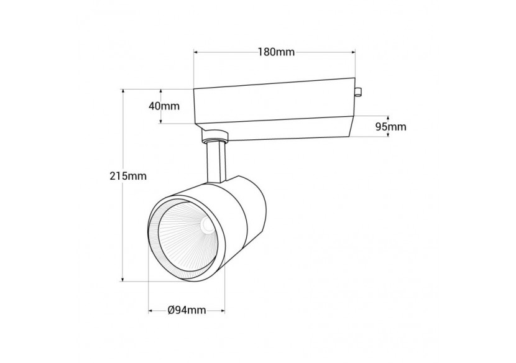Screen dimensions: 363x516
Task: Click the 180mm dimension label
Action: coord(276,52)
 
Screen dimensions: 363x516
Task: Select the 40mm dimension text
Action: coord(164,106)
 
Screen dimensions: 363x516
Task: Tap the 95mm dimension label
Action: coord(390,127)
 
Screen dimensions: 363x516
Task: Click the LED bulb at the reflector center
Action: coord(207,226)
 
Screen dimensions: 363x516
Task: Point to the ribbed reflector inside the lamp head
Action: coord(180,239)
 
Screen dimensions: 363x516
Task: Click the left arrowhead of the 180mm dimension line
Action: coord(196,52)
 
